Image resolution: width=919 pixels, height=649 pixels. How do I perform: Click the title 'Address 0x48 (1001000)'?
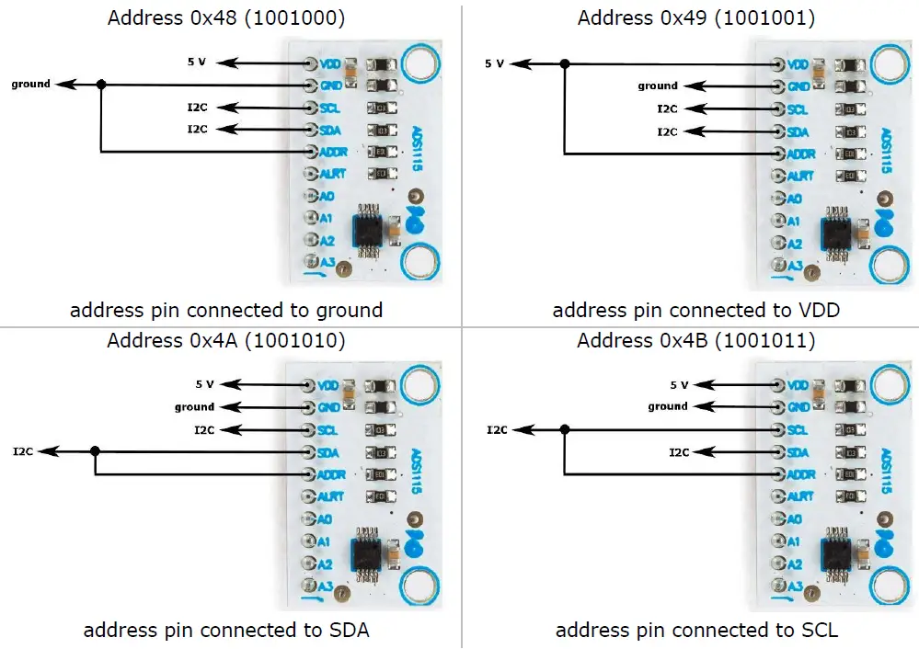point(226,17)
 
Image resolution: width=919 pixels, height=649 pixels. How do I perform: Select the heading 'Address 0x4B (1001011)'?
point(696,340)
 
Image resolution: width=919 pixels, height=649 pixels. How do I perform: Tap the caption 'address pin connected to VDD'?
point(696,310)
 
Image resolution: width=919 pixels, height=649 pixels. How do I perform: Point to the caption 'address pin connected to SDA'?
point(226,630)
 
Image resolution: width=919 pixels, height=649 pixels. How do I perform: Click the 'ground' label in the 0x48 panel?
point(30,84)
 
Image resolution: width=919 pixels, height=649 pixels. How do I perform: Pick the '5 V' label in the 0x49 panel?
point(495,63)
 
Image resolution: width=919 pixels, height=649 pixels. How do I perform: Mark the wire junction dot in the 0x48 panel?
point(101,85)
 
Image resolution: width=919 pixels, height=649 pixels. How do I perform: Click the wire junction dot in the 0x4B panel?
point(564,429)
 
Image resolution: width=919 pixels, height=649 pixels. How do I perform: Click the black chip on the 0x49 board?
point(839,234)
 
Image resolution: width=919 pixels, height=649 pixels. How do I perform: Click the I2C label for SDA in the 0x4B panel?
point(678,451)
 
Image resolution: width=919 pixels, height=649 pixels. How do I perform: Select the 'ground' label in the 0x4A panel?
point(194,406)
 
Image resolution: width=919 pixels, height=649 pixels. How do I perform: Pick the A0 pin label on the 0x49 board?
point(794,199)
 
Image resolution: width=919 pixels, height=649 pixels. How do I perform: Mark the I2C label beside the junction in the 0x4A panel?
point(23,451)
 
